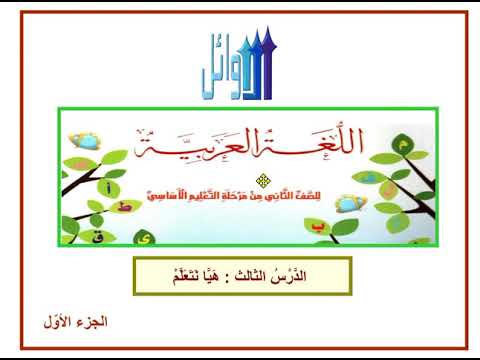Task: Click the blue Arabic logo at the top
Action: (x=240, y=68)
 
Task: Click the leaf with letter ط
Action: (x=124, y=207)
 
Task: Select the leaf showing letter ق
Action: (x=71, y=236)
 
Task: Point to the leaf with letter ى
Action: (x=149, y=238)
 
